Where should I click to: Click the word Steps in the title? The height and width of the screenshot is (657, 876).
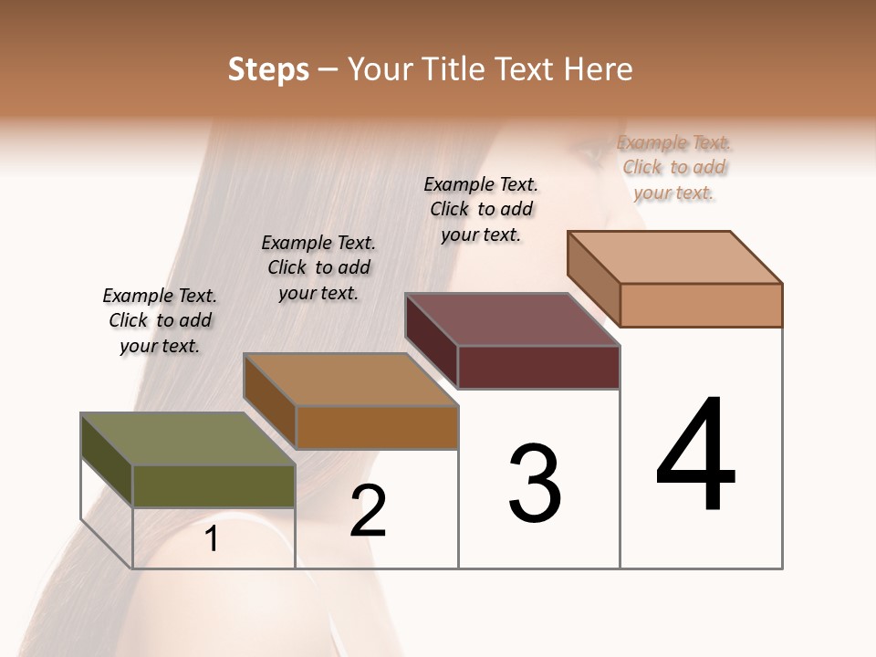268,69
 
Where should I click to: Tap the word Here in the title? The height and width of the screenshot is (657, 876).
597,69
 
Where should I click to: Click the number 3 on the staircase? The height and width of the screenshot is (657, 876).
535,484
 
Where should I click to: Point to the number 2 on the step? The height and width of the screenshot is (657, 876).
369,510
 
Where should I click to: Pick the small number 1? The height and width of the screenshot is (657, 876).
212,539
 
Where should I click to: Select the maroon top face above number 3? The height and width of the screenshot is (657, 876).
512,319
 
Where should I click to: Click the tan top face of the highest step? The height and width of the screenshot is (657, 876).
675,256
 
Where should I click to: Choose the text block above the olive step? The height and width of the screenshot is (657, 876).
160,320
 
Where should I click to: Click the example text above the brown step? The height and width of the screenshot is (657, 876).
318,267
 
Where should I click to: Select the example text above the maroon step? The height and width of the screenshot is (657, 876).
481,209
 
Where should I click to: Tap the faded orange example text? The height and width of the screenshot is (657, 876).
673,167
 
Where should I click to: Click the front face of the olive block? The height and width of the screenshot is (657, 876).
214,485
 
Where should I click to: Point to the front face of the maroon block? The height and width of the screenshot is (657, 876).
538,367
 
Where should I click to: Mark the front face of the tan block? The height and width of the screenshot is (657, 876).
701,305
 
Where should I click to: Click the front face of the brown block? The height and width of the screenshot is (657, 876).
377,427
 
